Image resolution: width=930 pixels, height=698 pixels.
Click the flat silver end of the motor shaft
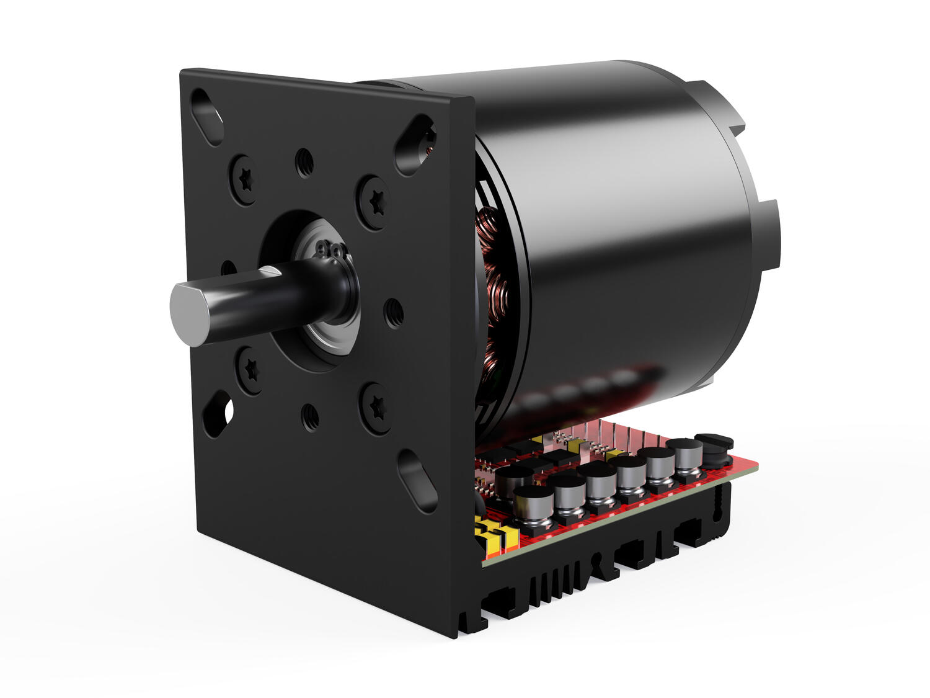(190, 315)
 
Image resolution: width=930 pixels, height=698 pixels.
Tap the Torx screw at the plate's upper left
(245, 179)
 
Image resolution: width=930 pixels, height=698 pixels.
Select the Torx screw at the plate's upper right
(374, 202)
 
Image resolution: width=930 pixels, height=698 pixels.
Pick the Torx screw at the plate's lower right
(377, 407)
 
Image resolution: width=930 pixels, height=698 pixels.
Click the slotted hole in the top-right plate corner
(416, 145)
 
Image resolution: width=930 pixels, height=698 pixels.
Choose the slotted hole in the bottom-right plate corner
(417, 480)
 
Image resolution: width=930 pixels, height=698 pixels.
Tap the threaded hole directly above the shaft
(304, 163)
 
